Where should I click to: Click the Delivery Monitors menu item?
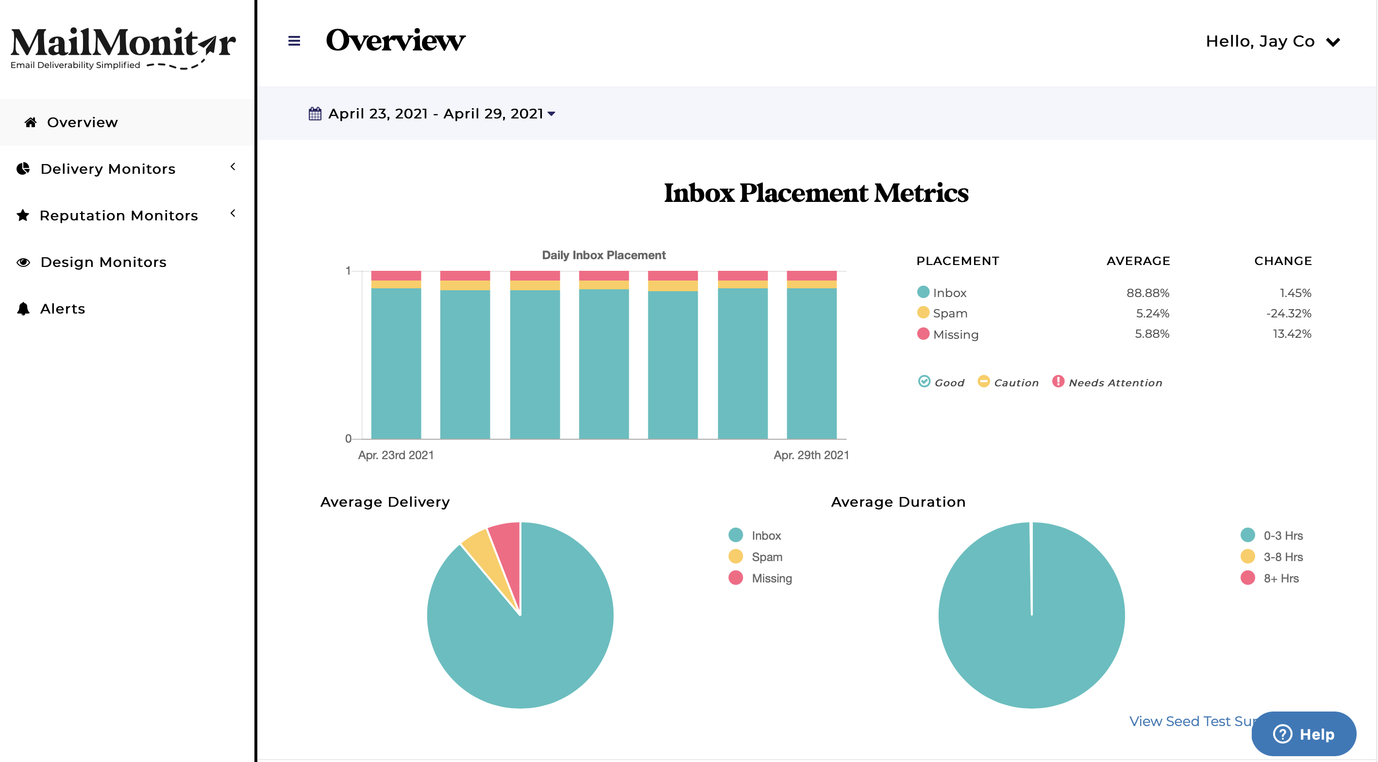(107, 169)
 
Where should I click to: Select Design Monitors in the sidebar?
(103, 262)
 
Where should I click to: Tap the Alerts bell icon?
(23, 309)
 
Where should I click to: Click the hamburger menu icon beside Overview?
(294, 41)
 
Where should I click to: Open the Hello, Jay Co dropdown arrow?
(1333, 42)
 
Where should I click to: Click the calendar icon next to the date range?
(315, 114)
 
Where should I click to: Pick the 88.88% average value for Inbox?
(1147, 293)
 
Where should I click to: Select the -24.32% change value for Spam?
(1288, 314)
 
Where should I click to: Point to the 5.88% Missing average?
(1152, 333)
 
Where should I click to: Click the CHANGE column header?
(1282, 261)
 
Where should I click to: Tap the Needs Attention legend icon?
(1058, 381)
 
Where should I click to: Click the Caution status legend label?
(1016, 383)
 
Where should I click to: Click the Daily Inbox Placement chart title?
(604, 255)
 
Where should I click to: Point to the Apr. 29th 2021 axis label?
(811, 455)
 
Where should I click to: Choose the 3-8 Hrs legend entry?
(1282, 557)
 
